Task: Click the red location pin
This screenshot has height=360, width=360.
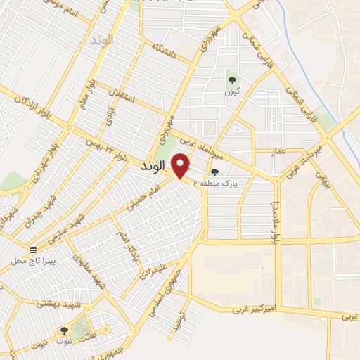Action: click(x=181, y=165)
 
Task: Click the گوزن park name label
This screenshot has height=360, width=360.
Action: click(x=233, y=92)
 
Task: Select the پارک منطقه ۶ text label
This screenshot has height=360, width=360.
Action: click(x=232, y=184)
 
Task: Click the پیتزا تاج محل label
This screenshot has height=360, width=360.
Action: click(x=33, y=261)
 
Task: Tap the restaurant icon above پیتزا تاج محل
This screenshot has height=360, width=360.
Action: click(x=33, y=250)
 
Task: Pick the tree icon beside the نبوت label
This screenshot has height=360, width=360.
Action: click(x=65, y=330)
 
